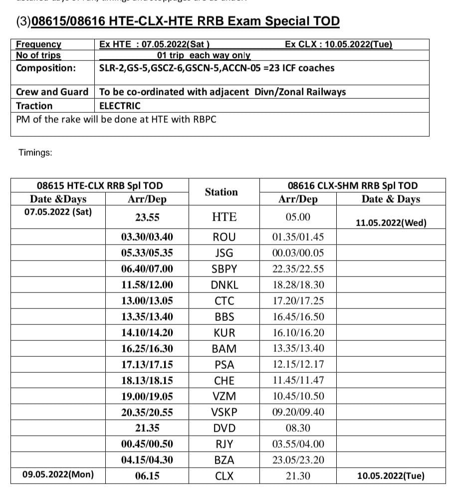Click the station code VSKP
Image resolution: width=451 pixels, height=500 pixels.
tap(224, 412)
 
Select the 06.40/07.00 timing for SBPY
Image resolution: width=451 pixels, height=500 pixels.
tap(147, 268)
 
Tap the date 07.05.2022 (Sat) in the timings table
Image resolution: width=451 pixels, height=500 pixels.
tap(58, 212)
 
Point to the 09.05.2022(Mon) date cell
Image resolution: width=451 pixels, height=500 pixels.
tap(58, 475)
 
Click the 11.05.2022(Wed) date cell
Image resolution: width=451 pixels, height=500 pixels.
tap(391, 223)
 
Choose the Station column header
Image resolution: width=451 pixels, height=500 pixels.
tap(221, 192)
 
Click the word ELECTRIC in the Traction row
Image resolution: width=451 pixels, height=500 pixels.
tap(120, 106)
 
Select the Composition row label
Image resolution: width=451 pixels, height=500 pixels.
tap(46, 68)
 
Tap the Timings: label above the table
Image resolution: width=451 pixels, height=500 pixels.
tap(35, 153)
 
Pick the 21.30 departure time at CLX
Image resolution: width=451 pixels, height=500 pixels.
tap(298, 476)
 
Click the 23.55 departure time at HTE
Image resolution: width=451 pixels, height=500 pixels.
tap(147, 217)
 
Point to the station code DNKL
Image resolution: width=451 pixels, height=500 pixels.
tap(224, 285)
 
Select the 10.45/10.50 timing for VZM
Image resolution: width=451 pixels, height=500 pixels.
tap(298, 396)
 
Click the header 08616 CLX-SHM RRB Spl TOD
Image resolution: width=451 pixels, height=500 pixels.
tap(353, 186)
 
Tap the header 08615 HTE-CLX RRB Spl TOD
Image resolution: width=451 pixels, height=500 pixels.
tap(100, 186)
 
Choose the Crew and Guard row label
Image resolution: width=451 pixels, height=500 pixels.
tap(52, 92)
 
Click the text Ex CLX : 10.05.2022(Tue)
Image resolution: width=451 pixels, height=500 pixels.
tap(338, 44)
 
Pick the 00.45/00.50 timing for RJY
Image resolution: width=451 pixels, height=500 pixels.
tap(147, 444)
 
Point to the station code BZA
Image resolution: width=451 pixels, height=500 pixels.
tap(224, 460)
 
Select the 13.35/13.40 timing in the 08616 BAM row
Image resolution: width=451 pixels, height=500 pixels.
tap(298, 348)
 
